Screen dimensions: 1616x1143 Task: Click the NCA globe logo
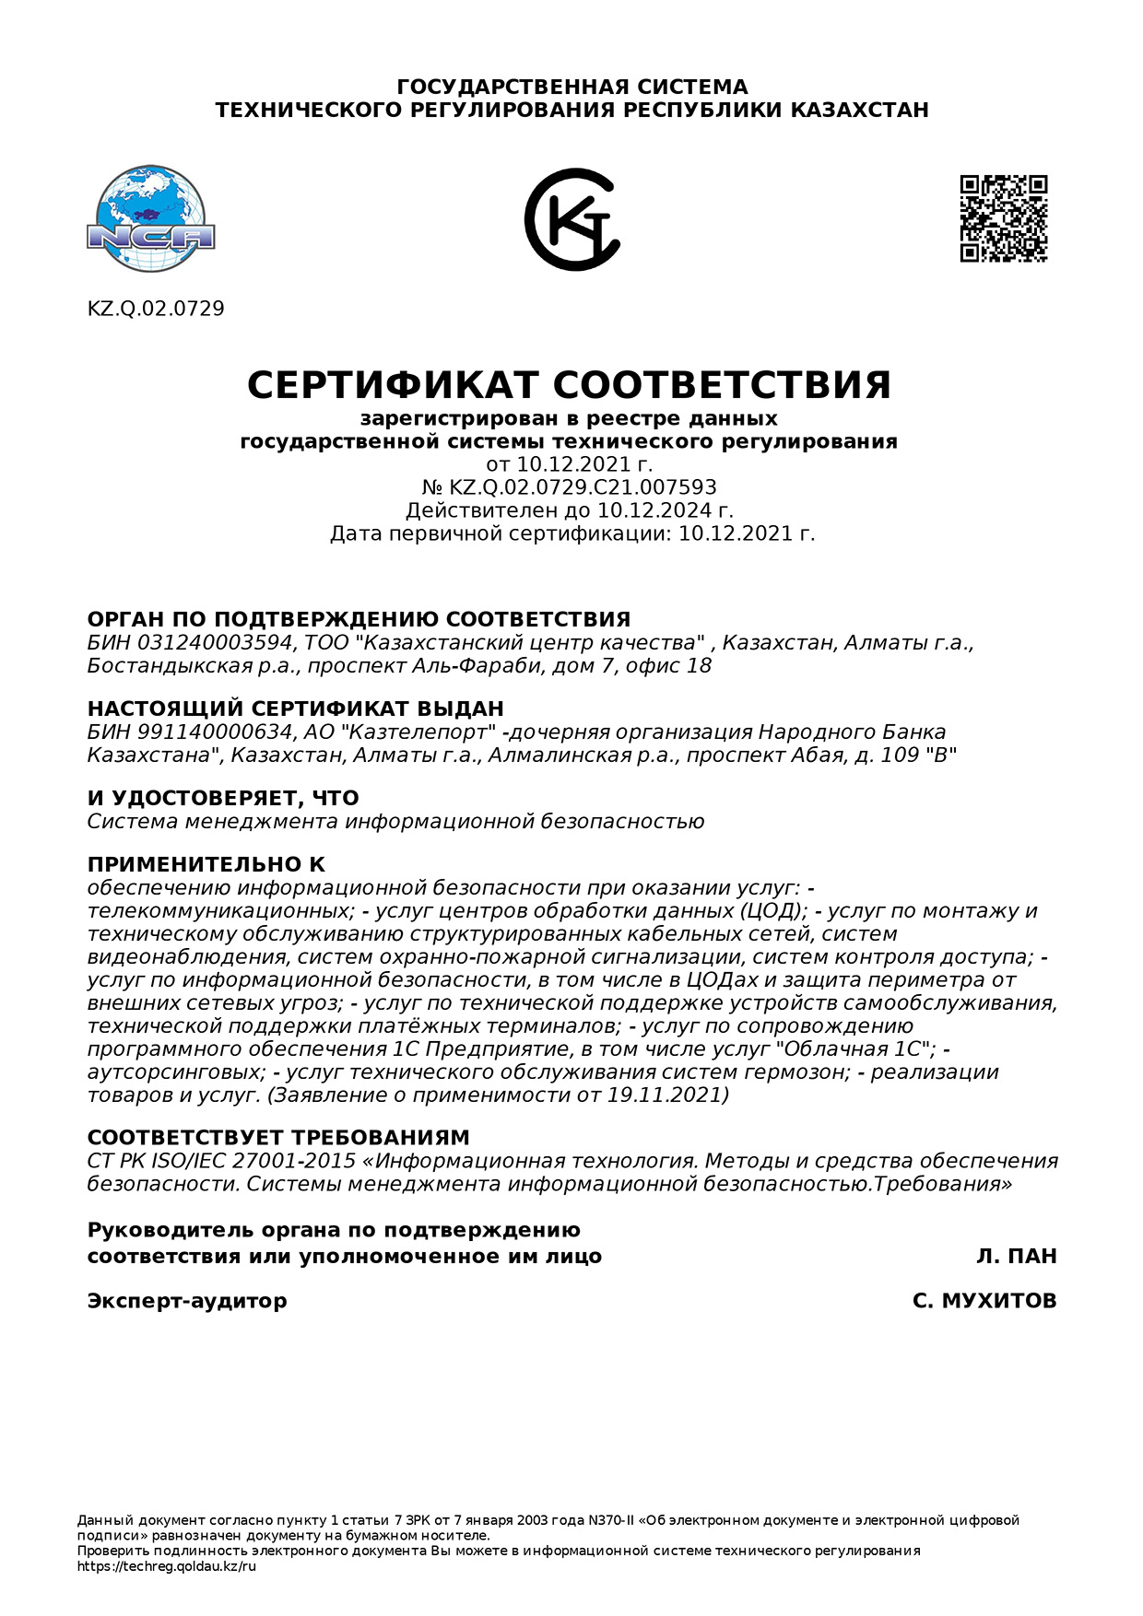[x=150, y=219]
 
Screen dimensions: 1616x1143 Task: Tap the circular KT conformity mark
[x=571, y=219]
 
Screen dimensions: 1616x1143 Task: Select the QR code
[x=1004, y=218]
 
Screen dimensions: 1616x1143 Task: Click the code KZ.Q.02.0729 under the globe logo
[x=156, y=309]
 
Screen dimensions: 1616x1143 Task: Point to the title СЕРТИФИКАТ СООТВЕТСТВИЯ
[x=569, y=385]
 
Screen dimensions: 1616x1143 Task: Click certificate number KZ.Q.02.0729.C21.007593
[x=583, y=487]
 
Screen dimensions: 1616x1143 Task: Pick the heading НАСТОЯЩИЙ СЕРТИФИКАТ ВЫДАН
[x=296, y=708]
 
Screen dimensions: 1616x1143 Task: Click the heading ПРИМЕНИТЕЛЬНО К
[x=206, y=864]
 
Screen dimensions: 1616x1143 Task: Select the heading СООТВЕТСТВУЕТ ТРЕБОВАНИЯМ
[x=278, y=1137]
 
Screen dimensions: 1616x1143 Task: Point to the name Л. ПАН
[x=1017, y=1256]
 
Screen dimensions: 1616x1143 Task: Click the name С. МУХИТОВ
[x=984, y=1301]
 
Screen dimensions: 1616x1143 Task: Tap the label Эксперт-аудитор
[x=187, y=1301]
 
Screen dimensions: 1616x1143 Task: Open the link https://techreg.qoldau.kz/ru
[x=167, y=1566]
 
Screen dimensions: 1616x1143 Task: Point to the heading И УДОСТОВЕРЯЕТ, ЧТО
[x=223, y=798]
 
